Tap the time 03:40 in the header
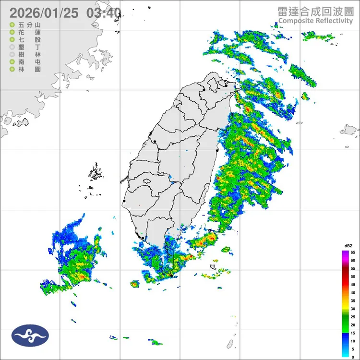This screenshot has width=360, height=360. (x=103, y=12)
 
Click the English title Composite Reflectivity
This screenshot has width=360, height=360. (x=315, y=20)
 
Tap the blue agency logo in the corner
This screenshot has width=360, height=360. (x=30, y=336)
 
